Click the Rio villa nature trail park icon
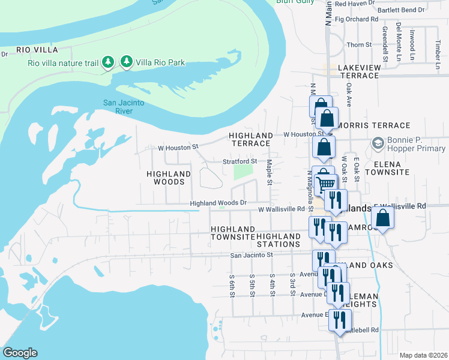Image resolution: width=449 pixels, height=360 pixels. coord(108,62)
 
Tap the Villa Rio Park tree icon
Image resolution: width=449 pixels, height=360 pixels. coord(127,61)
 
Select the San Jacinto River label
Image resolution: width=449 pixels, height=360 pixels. coord(123,107)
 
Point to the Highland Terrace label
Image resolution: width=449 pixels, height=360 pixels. coord(250,140)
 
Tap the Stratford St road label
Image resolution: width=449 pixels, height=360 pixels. coord(240,161)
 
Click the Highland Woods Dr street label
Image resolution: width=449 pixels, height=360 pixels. coord(218,203)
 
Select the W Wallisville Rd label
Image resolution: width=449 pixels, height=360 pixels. coord(282,209)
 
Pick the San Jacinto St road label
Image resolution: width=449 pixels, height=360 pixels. coord(252,255)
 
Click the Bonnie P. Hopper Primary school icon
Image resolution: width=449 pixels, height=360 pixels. coord(378,143)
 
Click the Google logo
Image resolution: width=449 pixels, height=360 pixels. coord(20,353)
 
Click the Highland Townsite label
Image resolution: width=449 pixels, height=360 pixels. coord(233,233)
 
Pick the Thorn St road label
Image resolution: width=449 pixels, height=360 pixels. coord(360,45)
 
